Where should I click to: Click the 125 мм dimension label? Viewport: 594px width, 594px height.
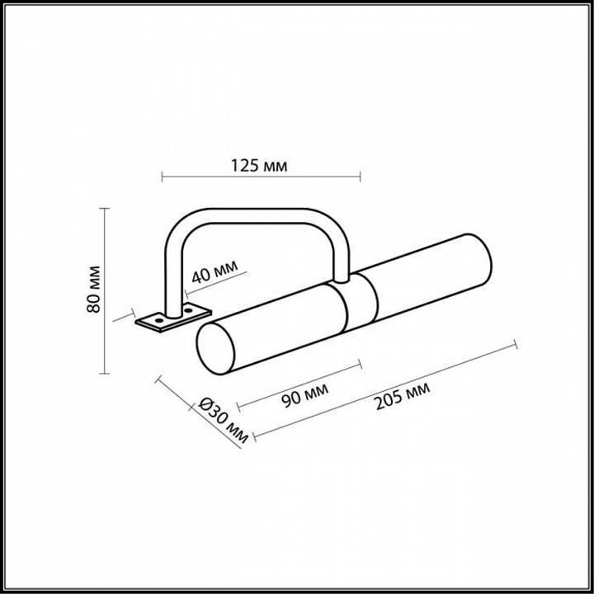click(261, 167)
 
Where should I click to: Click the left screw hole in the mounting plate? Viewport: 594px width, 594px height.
click(154, 318)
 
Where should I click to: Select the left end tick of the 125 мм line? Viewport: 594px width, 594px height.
click(162, 177)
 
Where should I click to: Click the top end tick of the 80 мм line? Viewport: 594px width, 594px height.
click(105, 208)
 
